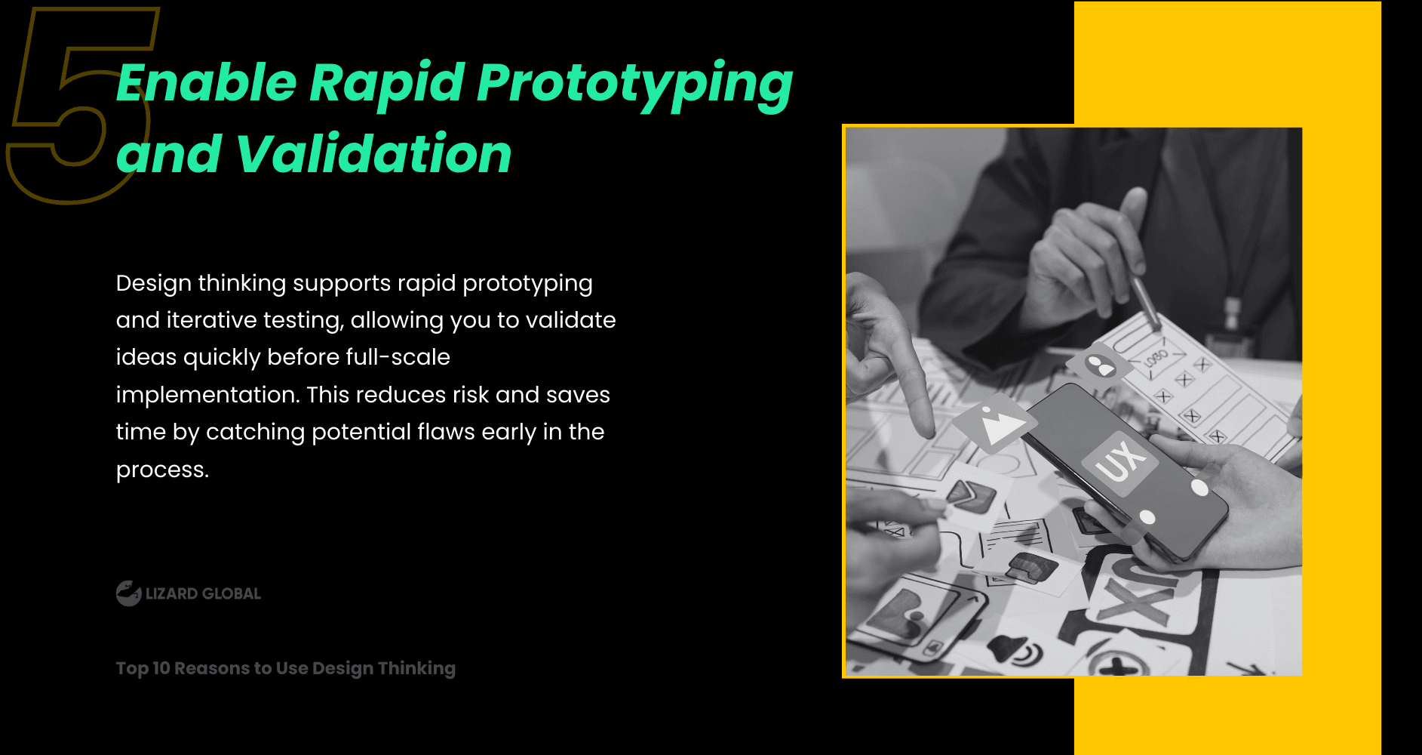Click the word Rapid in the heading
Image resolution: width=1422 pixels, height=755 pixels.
(386, 84)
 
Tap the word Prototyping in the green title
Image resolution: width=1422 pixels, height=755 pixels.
(634, 84)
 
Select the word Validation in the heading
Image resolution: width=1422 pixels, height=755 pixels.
(374, 154)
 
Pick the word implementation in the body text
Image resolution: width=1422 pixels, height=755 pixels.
(207, 395)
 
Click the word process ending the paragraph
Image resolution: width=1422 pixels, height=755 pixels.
(162, 470)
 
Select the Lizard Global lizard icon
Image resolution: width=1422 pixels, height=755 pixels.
(129, 593)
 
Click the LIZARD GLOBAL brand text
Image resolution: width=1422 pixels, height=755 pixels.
(203, 594)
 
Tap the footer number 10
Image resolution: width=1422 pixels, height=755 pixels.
(161, 668)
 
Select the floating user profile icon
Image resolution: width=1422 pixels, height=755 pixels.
(1101, 365)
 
